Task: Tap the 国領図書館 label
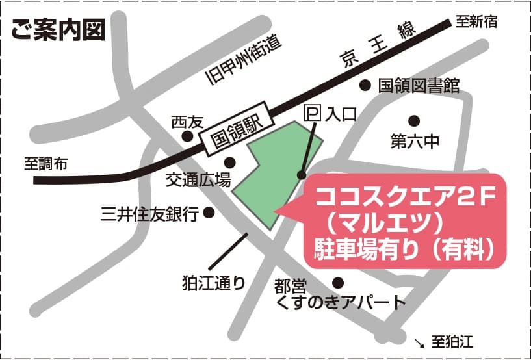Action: (x=419, y=85)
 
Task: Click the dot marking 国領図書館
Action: (x=365, y=84)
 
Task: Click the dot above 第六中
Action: (x=413, y=120)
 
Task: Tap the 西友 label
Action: (x=187, y=122)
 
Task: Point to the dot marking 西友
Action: (x=187, y=136)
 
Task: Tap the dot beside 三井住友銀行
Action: (x=209, y=212)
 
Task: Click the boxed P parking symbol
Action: (x=313, y=114)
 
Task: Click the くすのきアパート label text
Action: (x=341, y=302)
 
